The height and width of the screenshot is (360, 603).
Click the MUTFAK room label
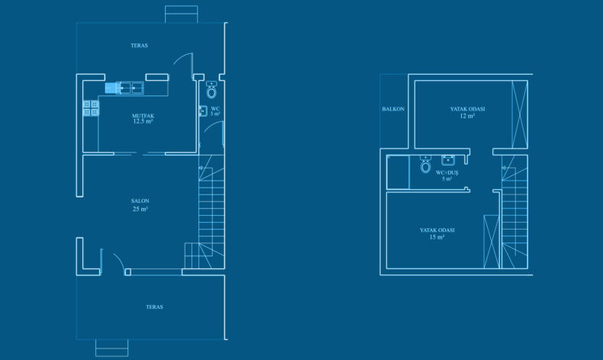pyautogui.click(x=143, y=116)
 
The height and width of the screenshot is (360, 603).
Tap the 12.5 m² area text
pyautogui.click(x=143, y=121)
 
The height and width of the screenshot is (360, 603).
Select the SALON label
pyautogui.click(x=140, y=201)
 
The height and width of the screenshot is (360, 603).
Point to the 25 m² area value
pyautogui.click(x=140, y=209)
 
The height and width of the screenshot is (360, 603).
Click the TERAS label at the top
pyautogui.click(x=139, y=45)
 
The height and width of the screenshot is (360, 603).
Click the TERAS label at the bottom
pyautogui.click(x=155, y=307)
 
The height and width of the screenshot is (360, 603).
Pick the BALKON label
pyautogui.click(x=393, y=109)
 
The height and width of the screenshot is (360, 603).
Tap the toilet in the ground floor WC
pyautogui.click(x=211, y=90)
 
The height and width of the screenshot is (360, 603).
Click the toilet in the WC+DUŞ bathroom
pyautogui.click(x=425, y=164)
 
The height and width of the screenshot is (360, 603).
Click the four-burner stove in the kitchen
pyautogui.click(x=91, y=108)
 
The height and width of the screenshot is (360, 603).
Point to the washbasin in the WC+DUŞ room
pyautogui.click(x=448, y=160)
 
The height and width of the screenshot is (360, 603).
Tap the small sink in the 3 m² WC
pyautogui.click(x=203, y=111)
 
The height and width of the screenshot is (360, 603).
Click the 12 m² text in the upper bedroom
pyautogui.click(x=467, y=116)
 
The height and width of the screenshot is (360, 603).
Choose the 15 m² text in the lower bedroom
pyautogui.click(x=437, y=237)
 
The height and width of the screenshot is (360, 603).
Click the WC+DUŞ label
pyautogui.click(x=447, y=173)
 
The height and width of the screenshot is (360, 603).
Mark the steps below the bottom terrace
pyautogui.click(x=111, y=348)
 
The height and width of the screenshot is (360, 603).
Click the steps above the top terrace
pyautogui.click(x=182, y=14)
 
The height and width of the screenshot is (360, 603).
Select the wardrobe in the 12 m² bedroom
pyautogui.click(x=520, y=114)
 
